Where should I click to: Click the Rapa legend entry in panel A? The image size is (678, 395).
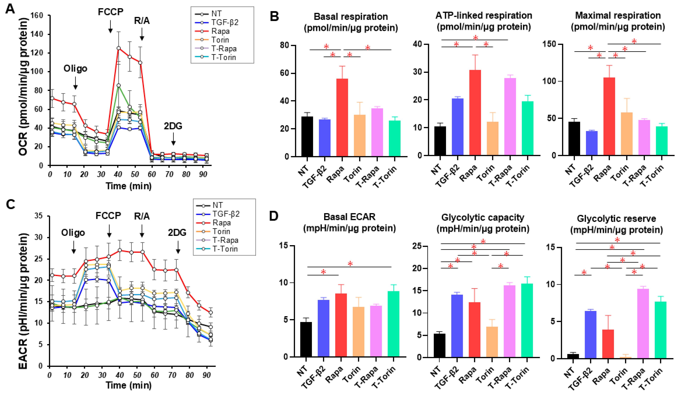click(220, 31)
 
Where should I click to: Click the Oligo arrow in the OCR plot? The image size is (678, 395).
click(75, 83)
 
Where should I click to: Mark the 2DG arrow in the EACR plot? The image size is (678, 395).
click(178, 247)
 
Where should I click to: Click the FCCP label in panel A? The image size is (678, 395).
click(110, 12)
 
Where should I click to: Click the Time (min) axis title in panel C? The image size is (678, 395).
click(129, 385)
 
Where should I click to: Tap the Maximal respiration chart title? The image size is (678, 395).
click(618, 21)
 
